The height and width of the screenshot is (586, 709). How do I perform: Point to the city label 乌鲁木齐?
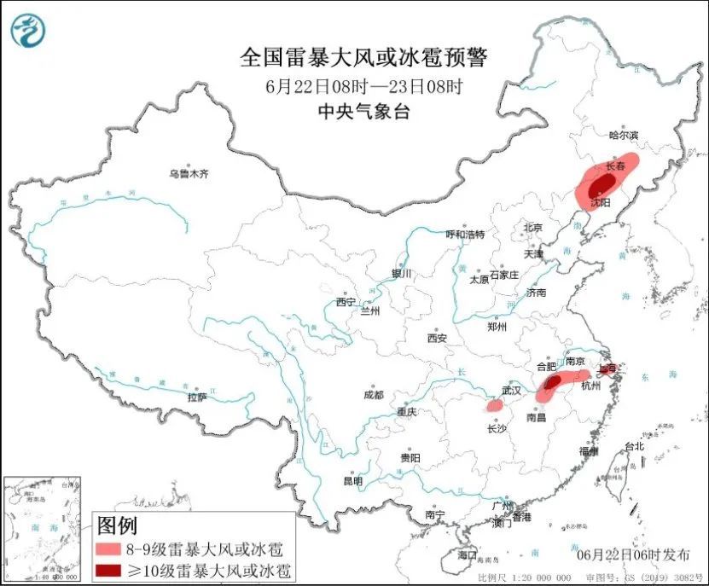pyautogui.click(x=189, y=174)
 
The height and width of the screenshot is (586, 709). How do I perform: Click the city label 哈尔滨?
pyautogui.click(x=623, y=135)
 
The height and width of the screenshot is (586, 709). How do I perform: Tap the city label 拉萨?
pyautogui.click(x=197, y=397)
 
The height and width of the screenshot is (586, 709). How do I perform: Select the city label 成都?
pyautogui.click(x=373, y=395)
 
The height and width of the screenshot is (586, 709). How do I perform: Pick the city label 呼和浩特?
pyautogui.click(x=465, y=235)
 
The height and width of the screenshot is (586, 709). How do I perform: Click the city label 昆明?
pyautogui.click(x=352, y=481)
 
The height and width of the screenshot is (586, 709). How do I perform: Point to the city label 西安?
pyautogui.click(x=437, y=338)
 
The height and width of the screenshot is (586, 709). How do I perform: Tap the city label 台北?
pyautogui.click(x=635, y=446)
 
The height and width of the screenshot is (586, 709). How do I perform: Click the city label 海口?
pyautogui.click(x=467, y=555)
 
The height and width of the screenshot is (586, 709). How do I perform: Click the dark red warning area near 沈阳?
pyautogui.click(x=596, y=186)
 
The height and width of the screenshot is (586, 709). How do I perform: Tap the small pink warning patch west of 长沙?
pyautogui.click(x=494, y=405)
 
